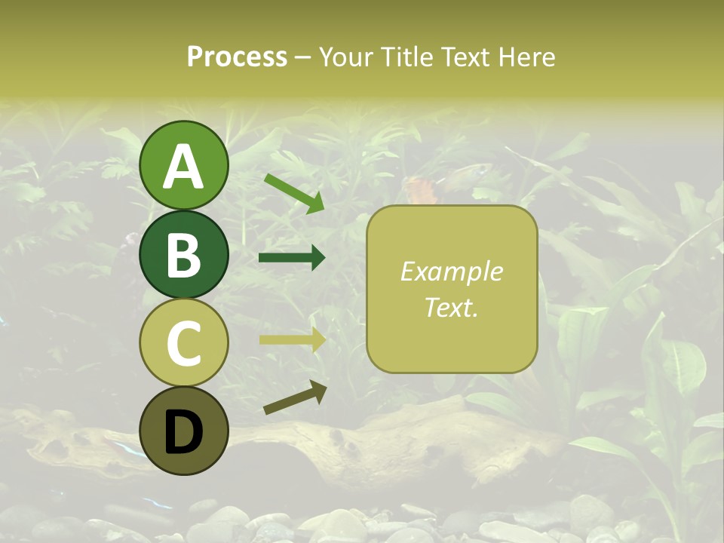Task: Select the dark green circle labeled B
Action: pyautogui.click(x=183, y=255)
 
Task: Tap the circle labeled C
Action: pyautogui.click(x=183, y=343)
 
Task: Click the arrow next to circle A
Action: pyautogui.click(x=294, y=193)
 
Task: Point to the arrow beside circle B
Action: pyautogui.click(x=292, y=258)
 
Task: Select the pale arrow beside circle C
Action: pyautogui.click(x=292, y=339)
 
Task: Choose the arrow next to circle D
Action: pyautogui.click(x=295, y=397)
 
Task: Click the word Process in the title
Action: pyautogui.click(x=237, y=57)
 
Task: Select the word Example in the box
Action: pyautogui.click(x=452, y=271)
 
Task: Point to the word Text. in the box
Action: pyautogui.click(x=452, y=307)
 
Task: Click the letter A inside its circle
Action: pyautogui.click(x=183, y=166)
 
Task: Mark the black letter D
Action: pyautogui.click(x=183, y=432)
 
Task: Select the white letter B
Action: pyautogui.click(x=183, y=255)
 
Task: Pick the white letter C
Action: pyautogui.click(x=183, y=343)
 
